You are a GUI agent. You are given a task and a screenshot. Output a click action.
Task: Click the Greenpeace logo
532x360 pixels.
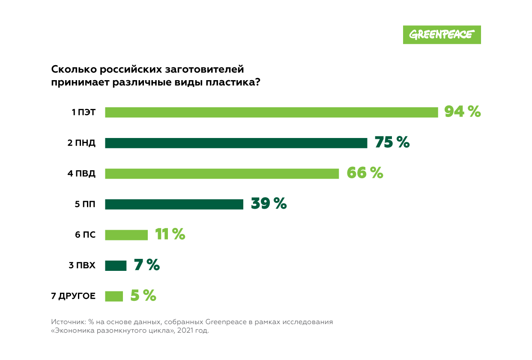click(442, 35)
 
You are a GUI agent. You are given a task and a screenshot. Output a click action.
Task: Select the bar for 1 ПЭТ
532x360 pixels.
click(271, 112)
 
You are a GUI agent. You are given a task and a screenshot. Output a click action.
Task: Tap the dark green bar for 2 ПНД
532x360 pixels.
click(236, 143)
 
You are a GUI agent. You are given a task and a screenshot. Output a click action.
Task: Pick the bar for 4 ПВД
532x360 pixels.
click(222, 174)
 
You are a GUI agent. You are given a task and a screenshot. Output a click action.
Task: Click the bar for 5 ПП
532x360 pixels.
click(174, 204)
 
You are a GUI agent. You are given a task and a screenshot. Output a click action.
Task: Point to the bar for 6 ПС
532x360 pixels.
click(126, 235)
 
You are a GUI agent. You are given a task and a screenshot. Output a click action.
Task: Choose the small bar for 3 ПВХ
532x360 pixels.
click(116, 266)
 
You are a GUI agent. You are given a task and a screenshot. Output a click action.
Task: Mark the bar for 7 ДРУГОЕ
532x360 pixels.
click(114, 296)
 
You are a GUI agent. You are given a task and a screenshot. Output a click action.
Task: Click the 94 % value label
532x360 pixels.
click(462, 112)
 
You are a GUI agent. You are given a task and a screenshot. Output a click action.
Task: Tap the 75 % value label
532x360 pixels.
click(392, 142)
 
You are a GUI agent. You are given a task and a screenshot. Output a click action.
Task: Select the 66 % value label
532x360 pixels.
click(365, 173)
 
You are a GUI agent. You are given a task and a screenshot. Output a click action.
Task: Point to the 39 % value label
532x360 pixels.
click(269, 204)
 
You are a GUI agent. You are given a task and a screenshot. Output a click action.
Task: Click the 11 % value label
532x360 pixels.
click(170, 234)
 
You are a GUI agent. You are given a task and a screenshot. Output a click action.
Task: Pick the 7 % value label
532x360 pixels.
click(146, 265)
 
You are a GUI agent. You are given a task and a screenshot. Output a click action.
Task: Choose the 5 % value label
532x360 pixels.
click(143, 296)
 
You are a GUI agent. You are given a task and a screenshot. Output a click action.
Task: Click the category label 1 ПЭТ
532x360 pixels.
click(83, 113)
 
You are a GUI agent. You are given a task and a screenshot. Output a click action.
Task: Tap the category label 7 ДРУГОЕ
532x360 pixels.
click(73, 296)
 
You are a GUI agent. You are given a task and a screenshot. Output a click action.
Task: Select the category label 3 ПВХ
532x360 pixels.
click(82, 266)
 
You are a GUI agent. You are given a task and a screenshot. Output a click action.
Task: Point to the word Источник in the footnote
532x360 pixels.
click(68, 321)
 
